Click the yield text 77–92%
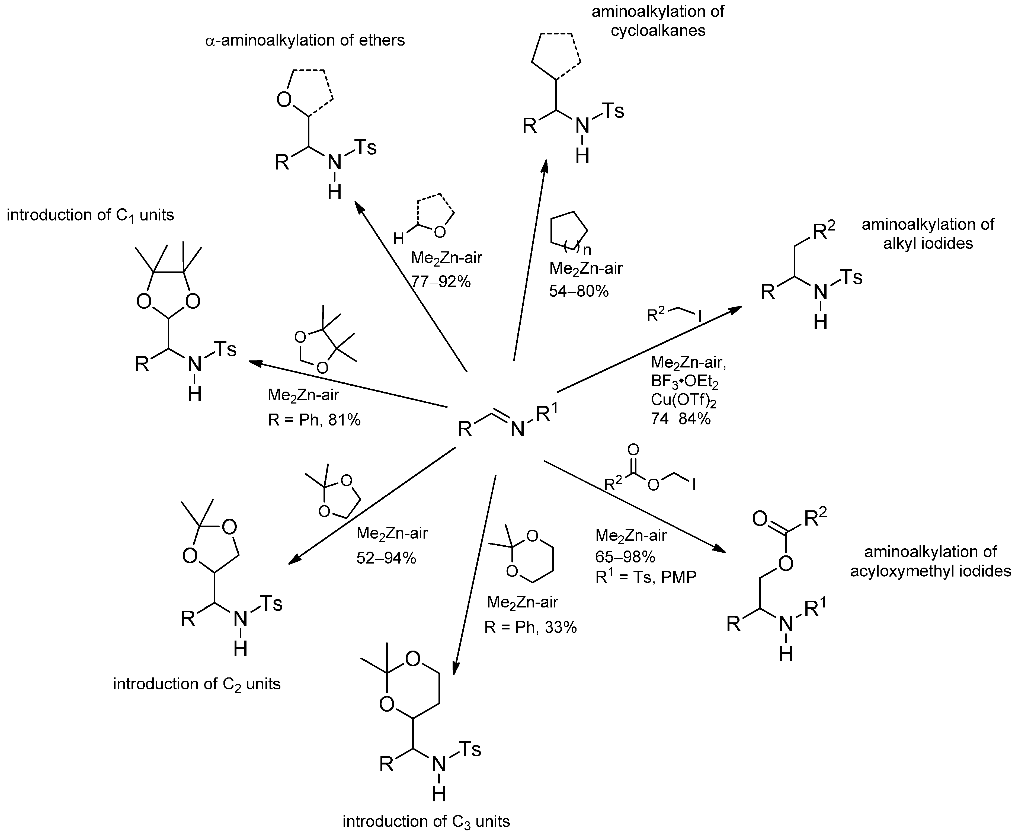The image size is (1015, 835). tap(441, 282)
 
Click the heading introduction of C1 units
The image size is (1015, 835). tap(90, 215)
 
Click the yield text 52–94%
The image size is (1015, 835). tap(386, 558)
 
